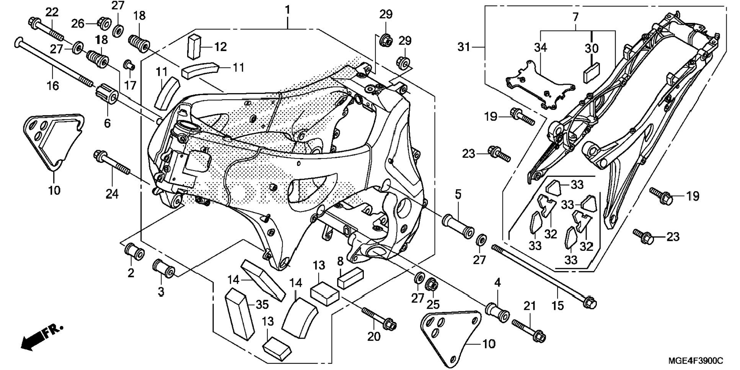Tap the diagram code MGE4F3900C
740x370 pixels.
[x=695, y=361]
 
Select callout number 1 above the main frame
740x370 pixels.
[x=287, y=10]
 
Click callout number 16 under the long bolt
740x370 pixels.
[x=53, y=85]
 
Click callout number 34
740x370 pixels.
[x=540, y=48]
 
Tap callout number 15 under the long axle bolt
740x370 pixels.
[x=557, y=306]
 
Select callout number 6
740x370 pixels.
[x=107, y=123]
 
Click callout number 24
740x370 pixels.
[x=112, y=194]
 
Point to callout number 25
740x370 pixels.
[x=433, y=305]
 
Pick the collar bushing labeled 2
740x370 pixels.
[x=134, y=251]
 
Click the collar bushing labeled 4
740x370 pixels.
[x=497, y=313]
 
